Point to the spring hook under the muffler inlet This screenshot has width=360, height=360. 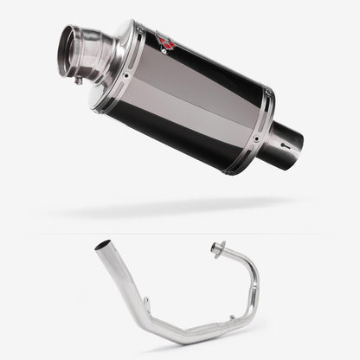tap(79, 80)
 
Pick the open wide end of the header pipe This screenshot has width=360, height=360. tap(102, 246)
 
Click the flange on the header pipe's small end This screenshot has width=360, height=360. tap(217, 250)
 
